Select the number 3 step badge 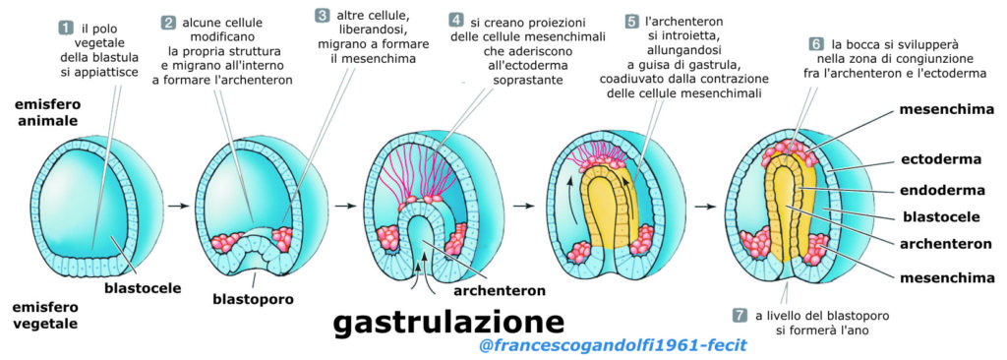(x=323, y=16)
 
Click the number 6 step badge (x=816, y=44)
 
